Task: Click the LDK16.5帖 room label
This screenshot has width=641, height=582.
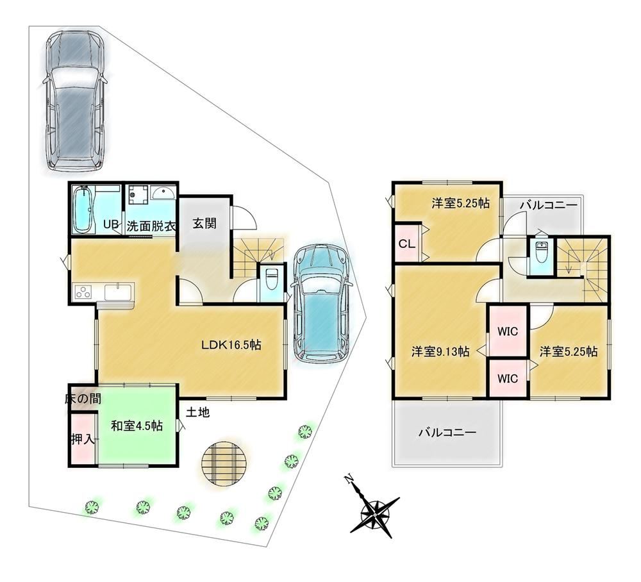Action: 231,345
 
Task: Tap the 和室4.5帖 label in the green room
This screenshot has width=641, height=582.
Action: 137,426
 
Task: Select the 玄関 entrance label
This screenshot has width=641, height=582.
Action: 204,224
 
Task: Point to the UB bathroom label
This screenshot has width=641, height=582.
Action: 111,224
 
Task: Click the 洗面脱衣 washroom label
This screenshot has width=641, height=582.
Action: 151,226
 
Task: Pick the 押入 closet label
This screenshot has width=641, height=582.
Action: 83,440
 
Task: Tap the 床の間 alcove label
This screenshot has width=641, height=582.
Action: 83,399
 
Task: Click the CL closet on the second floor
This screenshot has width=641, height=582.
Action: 407,244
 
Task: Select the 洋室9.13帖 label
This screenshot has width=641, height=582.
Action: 440,351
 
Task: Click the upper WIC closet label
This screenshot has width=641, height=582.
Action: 507,331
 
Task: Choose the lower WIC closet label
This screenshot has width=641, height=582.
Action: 507,378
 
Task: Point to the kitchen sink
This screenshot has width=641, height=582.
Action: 119,292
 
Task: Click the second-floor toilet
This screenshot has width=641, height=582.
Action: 541,253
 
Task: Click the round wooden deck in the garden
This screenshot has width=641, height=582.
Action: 224,464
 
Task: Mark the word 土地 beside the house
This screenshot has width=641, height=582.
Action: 198,412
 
